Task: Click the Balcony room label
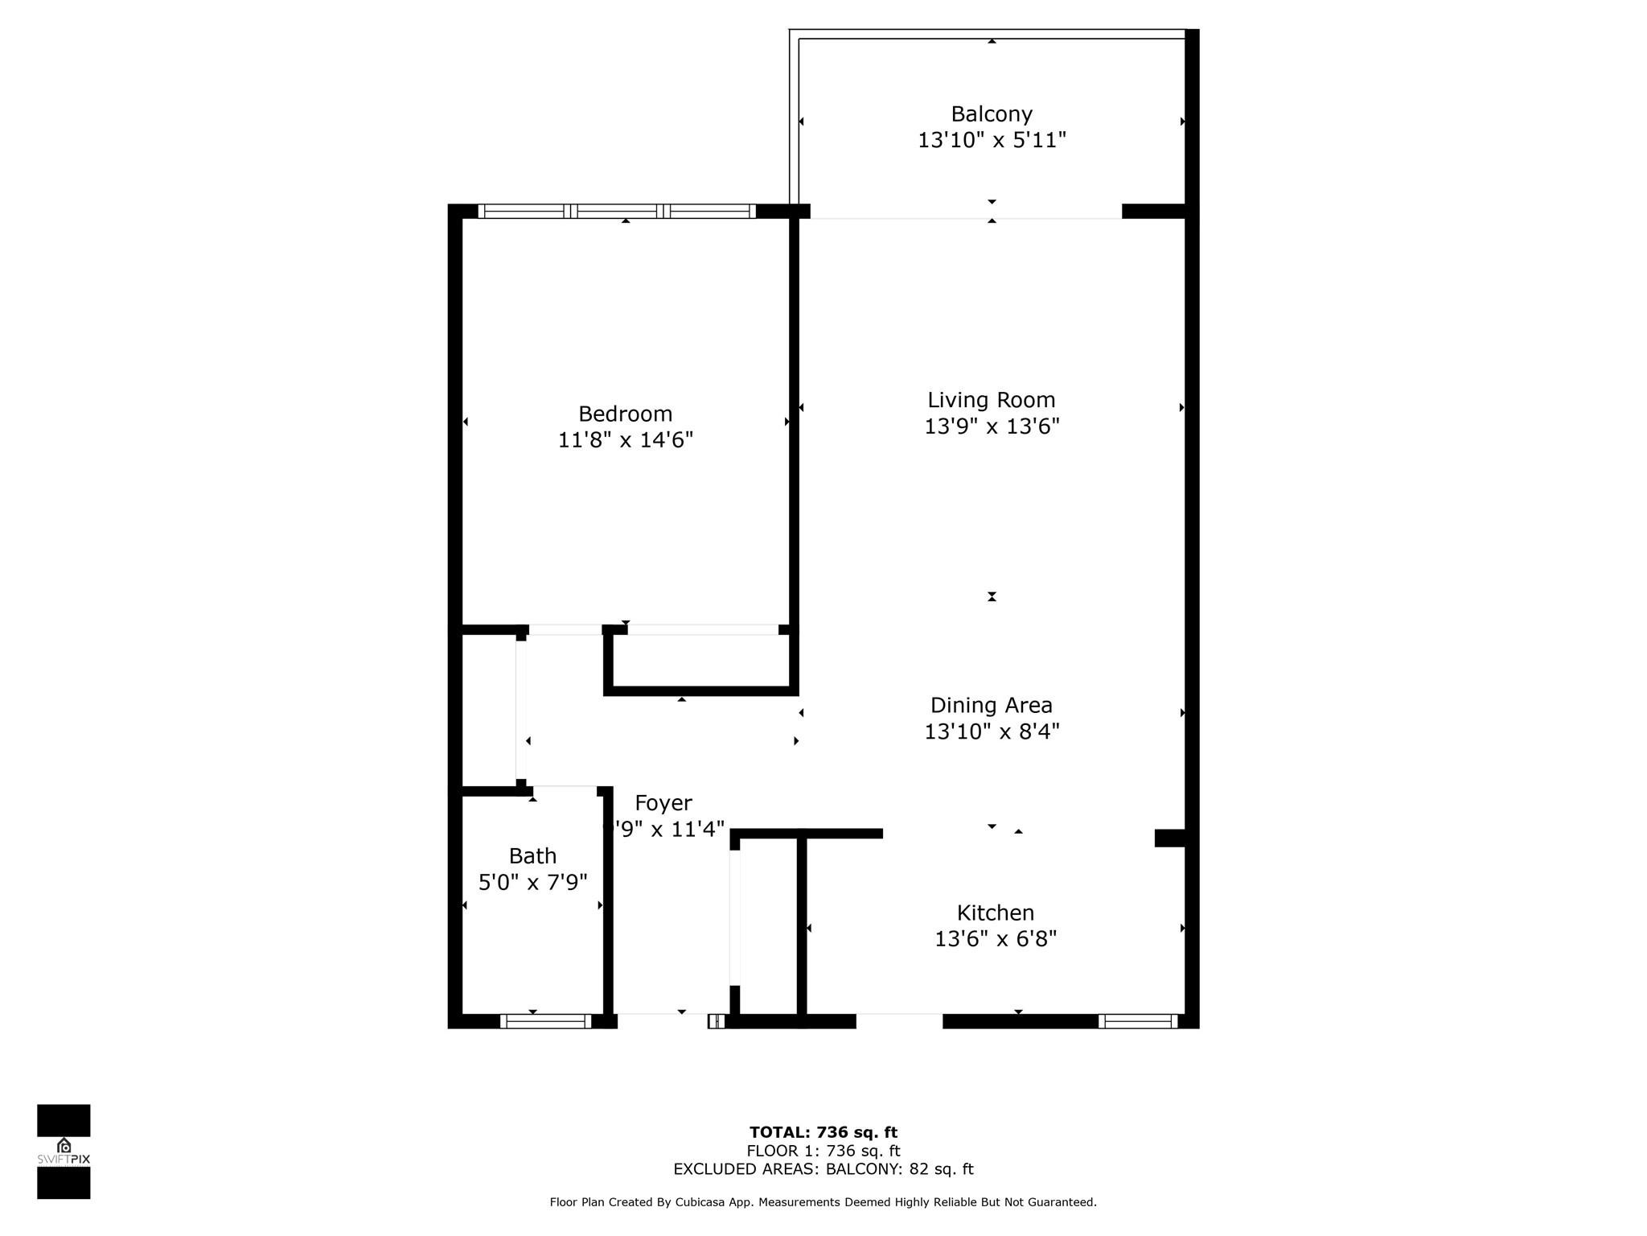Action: [991, 114]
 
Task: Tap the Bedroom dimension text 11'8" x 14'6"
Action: [625, 440]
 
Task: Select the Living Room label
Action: [991, 400]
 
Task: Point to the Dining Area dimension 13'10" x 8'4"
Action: [991, 731]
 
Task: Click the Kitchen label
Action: [995, 913]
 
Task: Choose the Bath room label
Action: [532, 855]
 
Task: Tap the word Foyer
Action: [663, 803]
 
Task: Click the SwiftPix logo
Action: [64, 1152]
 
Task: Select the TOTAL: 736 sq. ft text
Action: [823, 1132]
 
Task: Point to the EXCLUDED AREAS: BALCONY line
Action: [823, 1169]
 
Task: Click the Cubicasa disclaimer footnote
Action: [823, 1202]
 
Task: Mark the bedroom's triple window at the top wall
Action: [617, 212]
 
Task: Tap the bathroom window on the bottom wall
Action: [545, 1021]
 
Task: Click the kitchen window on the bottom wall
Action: [1137, 1021]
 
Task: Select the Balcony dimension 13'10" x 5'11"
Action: [991, 140]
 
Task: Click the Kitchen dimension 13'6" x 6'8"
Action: [995, 939]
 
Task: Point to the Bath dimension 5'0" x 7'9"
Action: [532, 883]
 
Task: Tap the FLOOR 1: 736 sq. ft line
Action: [823, 1151]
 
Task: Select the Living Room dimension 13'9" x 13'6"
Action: [991, 426]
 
